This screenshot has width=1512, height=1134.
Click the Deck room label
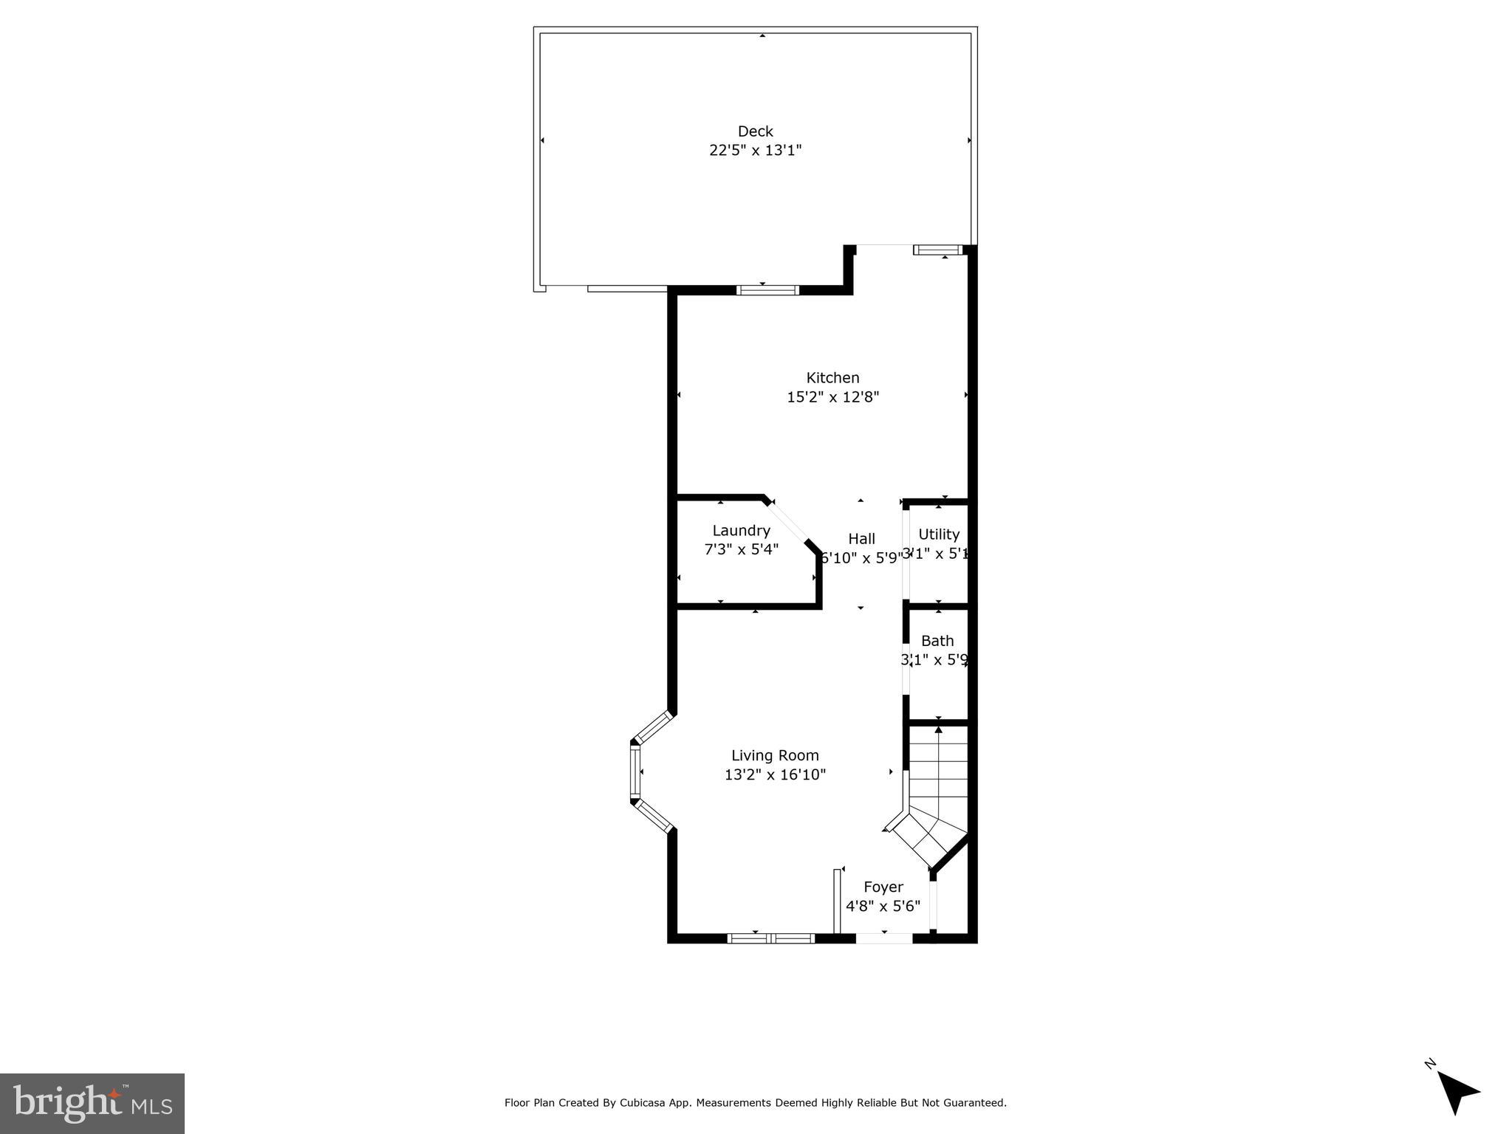[x=755, y=131]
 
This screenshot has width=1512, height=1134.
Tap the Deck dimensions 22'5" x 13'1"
[x=755, y=151]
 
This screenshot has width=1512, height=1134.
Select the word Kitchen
[x=832, y=378]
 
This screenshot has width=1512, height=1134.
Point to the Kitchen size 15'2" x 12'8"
[x=832, y=397]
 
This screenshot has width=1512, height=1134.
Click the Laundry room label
[x=741, y=531]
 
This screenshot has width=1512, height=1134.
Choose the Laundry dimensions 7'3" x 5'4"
[x=741, y=549]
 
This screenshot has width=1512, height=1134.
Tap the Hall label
[x=861, y=539]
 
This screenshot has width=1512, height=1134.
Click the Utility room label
[x=939, y=535]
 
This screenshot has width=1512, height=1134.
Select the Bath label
[x=937, y=641]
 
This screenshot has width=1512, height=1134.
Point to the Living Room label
[x=775, y=755]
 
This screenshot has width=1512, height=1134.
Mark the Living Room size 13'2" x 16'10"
[x=775, y=774]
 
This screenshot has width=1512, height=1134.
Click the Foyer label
[x=883, y=887]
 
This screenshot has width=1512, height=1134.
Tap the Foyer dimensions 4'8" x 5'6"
[x=883, y=906]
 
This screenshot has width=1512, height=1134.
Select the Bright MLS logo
[x=92, y=1104]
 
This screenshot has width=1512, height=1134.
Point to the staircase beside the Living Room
[x=937, y=790]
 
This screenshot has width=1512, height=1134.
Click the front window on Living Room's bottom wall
[x=770, y=938]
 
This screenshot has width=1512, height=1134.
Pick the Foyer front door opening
[x=884, y=938]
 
